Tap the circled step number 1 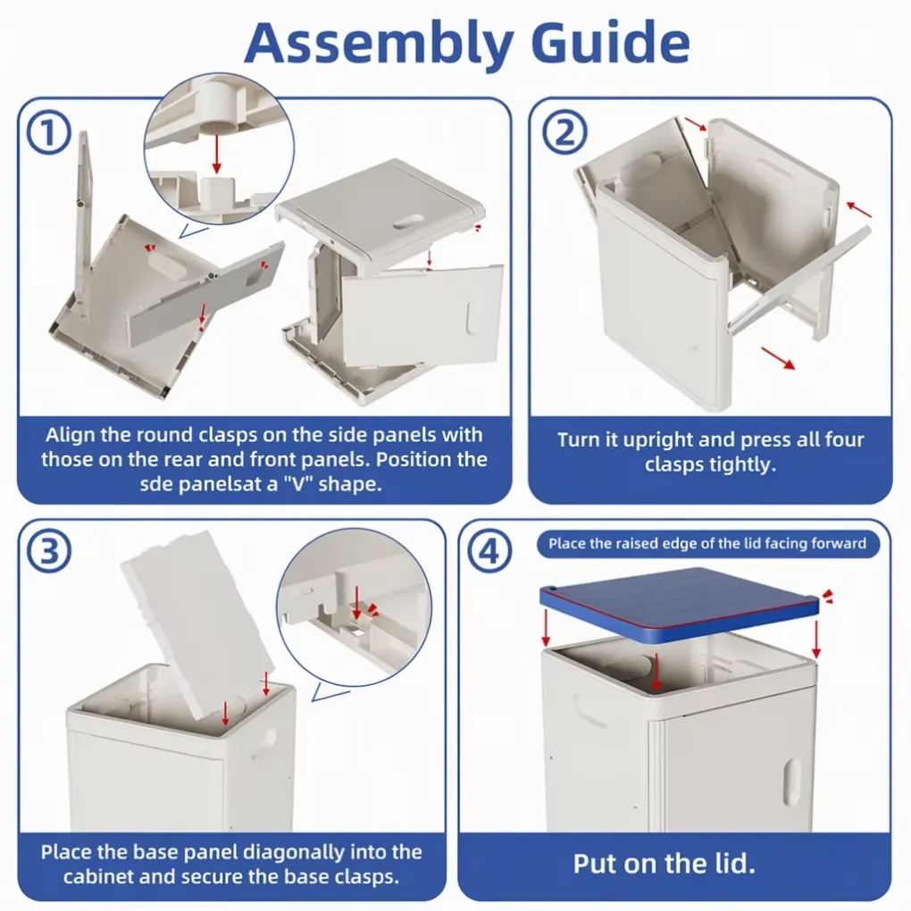pos(49,132)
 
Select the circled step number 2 pos(564,132)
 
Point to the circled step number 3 pos(49,551)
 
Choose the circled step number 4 pos(489,551)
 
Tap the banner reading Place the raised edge pos(707,544)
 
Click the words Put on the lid pos(664,864)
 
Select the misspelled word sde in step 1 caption pos(155,484)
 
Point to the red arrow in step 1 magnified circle pos(217,154)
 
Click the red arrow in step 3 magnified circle pos(356,603)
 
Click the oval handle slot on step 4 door pos(791,782)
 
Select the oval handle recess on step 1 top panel pos(408,221)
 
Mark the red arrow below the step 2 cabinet pos(777,358)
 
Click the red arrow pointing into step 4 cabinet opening pos(656,672)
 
